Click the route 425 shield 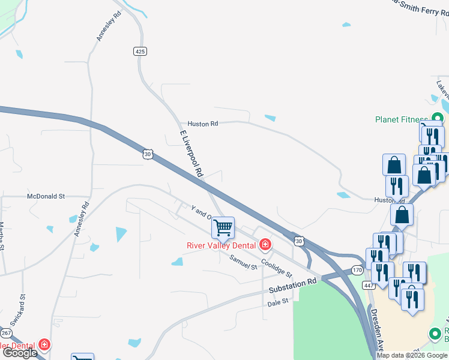pyautogui.click(x=140, y=52)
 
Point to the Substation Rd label pyautogui.click(x=292, y=286)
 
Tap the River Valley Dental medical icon pyautogui.click(x=264, y=244)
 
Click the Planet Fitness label pyautogui.click(x=402, y=119)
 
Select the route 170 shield pyautogui.click(x=358, y=271)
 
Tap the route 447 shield pyautogui.click(x=369, y=286)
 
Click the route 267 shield pyautogui.click(x=6, y=333)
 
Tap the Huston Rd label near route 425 pyautogui.click(x=202, y=124)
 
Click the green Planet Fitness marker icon pyautogui.click(x=438, y=119)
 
